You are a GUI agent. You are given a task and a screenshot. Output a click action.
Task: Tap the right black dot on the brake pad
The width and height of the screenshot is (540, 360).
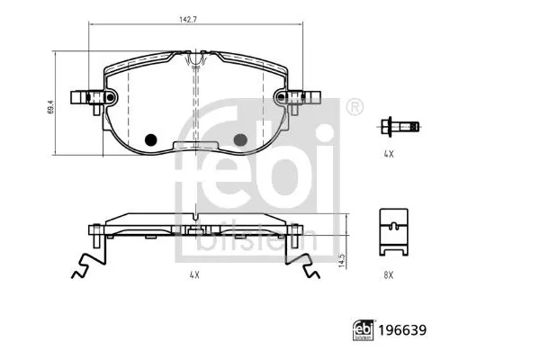[x=240, y=139]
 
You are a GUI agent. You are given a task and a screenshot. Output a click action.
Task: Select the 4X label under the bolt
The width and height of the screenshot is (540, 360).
[x=389, y=155]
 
